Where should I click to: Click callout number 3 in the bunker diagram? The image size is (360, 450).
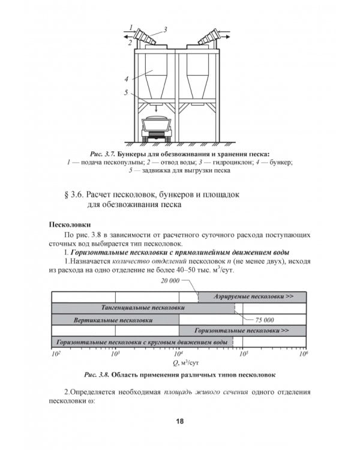point(165,28)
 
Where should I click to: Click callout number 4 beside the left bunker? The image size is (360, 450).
point(127,79)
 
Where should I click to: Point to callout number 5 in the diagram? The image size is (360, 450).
point(127,92)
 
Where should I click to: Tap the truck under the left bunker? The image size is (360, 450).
point(156,128)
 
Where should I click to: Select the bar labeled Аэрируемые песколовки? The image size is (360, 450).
point(252,296)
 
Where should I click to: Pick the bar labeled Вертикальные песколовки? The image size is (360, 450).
point(115,320)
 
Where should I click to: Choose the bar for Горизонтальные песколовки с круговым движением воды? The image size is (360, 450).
point(141,342)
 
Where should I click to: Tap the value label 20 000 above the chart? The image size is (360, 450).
point(170,281)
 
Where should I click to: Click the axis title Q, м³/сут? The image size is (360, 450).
point(179,362)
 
